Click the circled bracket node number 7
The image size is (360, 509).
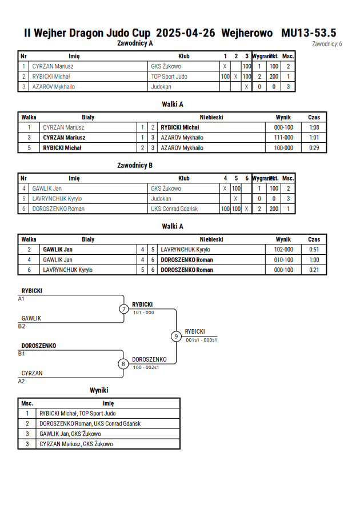(x=123, y=308)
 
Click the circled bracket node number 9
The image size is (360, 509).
(x=176, y=336)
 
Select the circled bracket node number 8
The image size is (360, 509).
(x=123, y=364)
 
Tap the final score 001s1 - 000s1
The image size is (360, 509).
(x=201, y=340)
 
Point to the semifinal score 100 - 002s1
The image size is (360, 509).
(x=146, y=367)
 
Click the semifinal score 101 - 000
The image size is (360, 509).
(x=143, y=312)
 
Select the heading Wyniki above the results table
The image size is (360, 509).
(x=99, y=390)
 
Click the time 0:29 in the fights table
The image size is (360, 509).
(x=314, y=148)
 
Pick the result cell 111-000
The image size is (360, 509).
(x=283, y=138)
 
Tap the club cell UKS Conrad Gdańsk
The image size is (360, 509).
(x=174, y=209)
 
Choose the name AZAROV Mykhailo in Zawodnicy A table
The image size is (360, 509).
(x=54, y=87)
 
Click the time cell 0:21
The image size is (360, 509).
(x=314, y=270)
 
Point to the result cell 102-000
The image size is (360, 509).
(x=283, y=250)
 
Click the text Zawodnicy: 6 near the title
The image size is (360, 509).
(x=327, y=44)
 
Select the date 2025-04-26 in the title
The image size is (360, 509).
(x=185, y=33)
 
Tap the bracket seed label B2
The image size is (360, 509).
(x=21, y=326)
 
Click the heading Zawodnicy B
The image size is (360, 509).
(x=135, y=165)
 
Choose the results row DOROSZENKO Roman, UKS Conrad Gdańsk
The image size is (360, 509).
(x=90, y=424)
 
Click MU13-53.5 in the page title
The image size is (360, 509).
(x=309, y=33)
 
